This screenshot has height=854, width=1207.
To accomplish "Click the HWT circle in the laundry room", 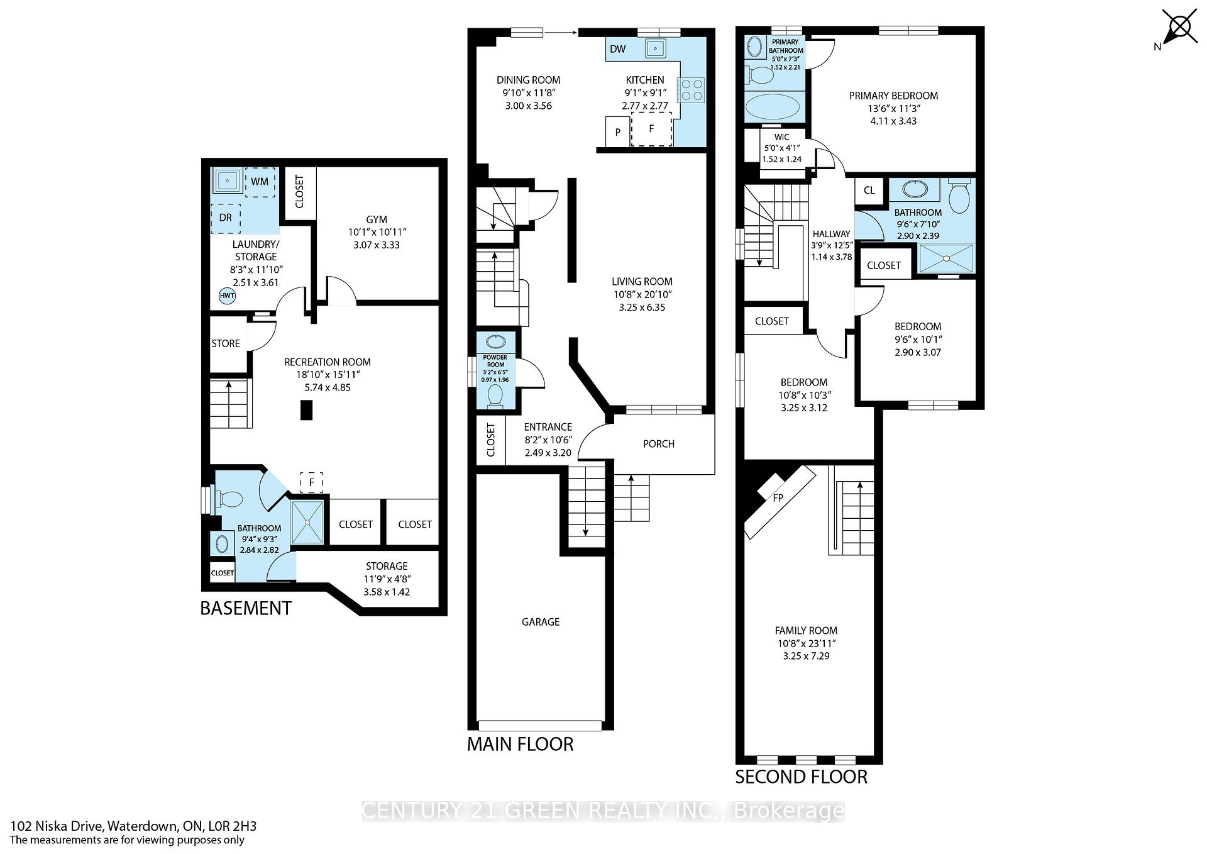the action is click(x=227, y=296).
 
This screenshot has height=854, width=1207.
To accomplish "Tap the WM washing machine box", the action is click(x=260, y=182).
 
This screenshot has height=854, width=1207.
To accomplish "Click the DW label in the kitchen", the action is click(x=618, y=49).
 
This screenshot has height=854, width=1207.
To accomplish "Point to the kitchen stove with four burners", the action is click(x=691, y=89).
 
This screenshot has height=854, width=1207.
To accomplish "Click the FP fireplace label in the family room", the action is click(x=778, y=498).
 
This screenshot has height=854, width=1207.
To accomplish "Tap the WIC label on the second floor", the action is click(x=782, y=137).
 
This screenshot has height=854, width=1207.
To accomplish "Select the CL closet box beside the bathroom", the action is click(x=869, y=191).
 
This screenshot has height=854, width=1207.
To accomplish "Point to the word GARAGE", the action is click(x=541, y=622).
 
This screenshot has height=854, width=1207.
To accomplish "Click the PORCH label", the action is click(x=659, y=444).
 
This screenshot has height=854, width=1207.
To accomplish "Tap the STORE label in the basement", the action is click(x=226, y=343).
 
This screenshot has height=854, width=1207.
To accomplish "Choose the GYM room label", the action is click(x=377, y=219).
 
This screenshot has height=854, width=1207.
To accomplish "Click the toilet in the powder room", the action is click(x=495, y=396).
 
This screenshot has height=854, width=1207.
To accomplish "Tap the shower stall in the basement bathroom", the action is click(x=308, y=522).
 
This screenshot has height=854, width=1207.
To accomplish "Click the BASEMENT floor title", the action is click(x=246, y=608).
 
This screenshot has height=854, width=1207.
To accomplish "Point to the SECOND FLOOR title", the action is click(x=801, y=777).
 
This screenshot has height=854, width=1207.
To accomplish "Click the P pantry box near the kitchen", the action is click(x=618, y=132).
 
